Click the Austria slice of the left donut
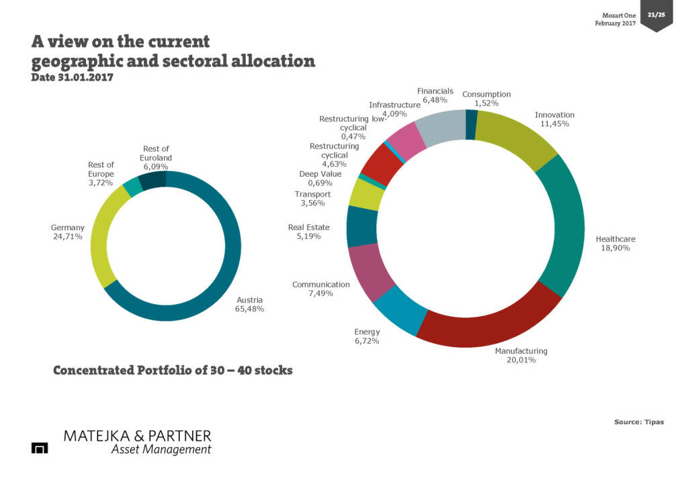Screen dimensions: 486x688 pyautogui.click(x=222, y=282)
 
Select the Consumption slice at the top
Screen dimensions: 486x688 pyautogui.click(x=472, y=125)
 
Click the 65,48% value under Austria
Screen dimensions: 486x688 pyautogui.click(x=250, y=309)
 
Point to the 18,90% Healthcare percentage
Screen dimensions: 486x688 pyautogui.click(x=615, y=248)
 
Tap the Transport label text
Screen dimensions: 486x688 pyautogui.click(x=312, y=195)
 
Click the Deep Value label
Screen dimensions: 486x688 pyautogui.click(x=320, y=174)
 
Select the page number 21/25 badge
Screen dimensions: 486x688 pyautogui.click(x=656, y=14)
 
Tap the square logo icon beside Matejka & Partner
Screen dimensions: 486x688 pyautogui.click(x=40, y=448)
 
